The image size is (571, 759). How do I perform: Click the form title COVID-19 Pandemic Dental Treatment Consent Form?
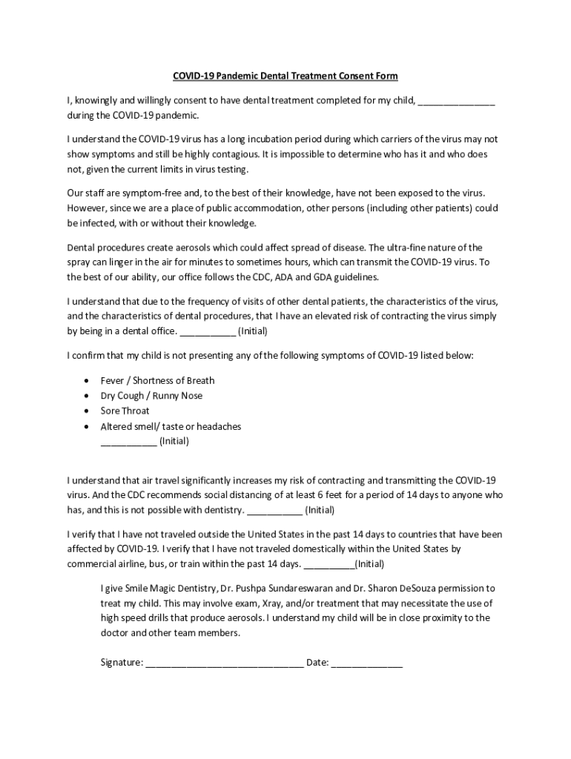click(285, 76)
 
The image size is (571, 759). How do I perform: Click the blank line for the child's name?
click(456, 102)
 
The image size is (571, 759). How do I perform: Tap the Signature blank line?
click(224, 663)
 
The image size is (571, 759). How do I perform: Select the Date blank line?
click(366, 663)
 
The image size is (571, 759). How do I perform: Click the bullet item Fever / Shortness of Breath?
click(157, 380)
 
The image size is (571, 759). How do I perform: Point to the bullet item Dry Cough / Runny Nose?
click(151, 396)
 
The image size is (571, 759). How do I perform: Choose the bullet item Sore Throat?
click(125, 411)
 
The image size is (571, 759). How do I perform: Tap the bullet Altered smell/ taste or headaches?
click(171, 426)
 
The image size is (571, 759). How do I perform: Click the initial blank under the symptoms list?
click(128, 443)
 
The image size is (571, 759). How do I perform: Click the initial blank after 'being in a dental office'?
click(208, 331)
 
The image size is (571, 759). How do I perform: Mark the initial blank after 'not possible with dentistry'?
click(274, 511)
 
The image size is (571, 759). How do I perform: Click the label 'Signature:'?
click(122, 663)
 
